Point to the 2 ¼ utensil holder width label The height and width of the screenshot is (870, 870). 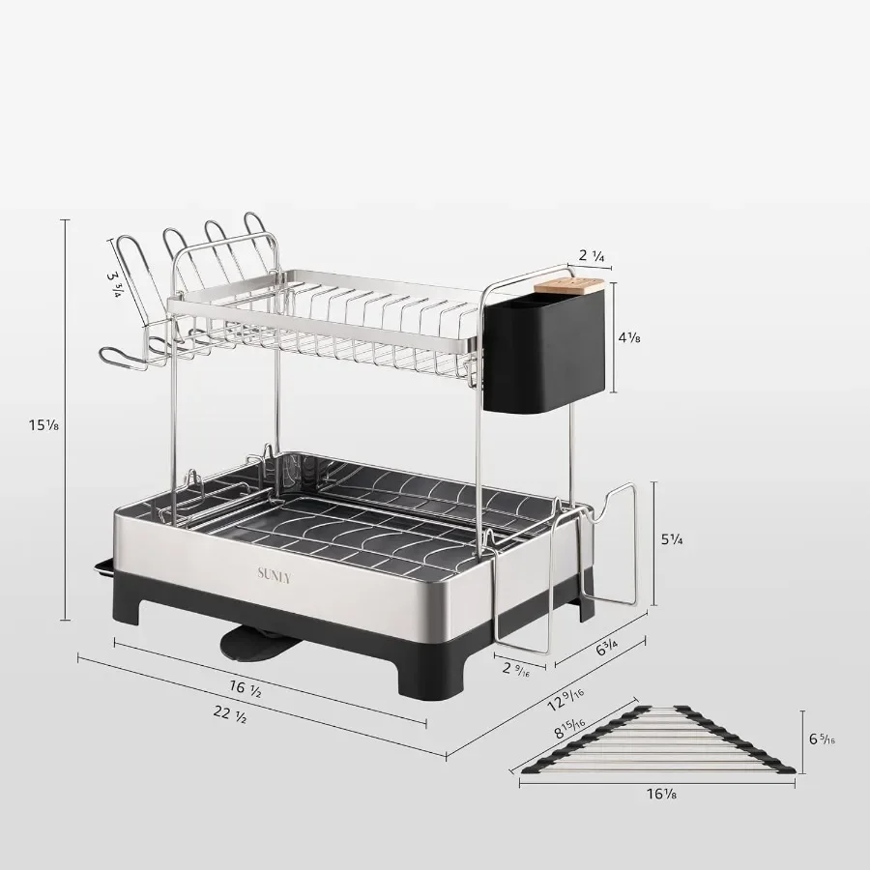(x=591, y=256)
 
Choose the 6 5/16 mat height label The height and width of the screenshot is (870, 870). (x=822, y=740)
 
